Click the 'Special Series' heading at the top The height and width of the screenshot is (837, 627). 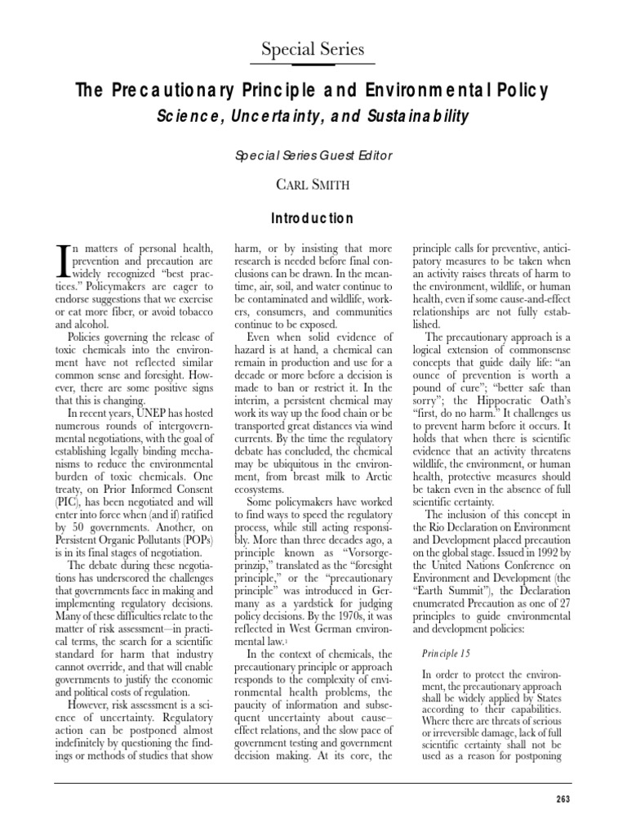tap(313, 49)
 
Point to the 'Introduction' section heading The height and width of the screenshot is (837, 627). tap(313, 218)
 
